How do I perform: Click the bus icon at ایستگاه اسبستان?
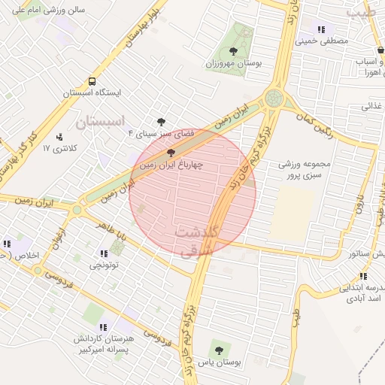92,81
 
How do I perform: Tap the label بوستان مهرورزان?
233,64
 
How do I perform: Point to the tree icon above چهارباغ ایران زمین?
171,152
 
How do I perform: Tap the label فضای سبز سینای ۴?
161,133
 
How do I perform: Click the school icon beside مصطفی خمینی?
322,29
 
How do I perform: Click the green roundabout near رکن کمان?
274,98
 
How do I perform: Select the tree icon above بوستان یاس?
219,349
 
